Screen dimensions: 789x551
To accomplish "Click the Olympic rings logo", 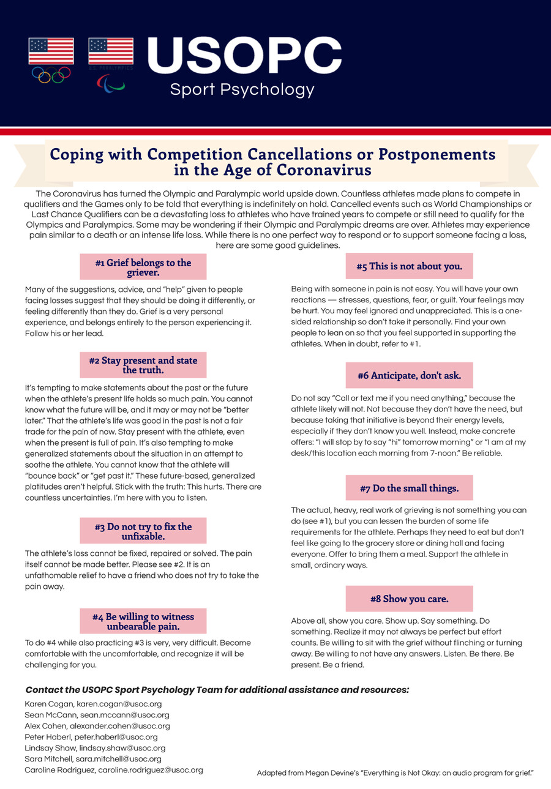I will (x=51, y=75).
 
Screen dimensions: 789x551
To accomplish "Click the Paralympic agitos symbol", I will (x=111, y=83).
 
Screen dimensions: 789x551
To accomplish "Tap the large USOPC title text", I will (x=244, y=55).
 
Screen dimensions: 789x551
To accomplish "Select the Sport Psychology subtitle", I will (x=242, y=90).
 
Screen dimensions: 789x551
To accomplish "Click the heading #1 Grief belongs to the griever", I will (x=143, y=267).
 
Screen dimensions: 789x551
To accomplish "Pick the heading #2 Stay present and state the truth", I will (x=143, y=365).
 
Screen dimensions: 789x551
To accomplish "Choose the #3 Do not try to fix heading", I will (x=143, y=531).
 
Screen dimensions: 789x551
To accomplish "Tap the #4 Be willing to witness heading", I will (x=143, y=621).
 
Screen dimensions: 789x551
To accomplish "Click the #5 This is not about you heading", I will (x=409, y=266).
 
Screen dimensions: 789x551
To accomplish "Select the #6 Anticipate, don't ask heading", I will (x=409, y=375).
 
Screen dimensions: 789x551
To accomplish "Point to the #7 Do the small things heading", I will (x=409, y=488).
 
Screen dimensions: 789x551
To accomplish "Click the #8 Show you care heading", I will (x=409, y=598).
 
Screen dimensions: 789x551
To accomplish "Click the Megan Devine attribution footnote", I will (x=395, y=773).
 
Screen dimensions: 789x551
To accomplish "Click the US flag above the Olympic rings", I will (x=51, y=51).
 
